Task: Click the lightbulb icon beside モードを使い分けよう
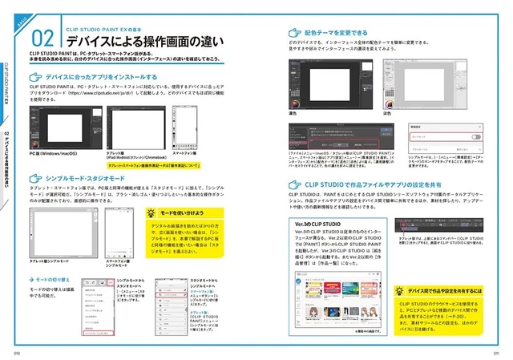coord(152,215)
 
